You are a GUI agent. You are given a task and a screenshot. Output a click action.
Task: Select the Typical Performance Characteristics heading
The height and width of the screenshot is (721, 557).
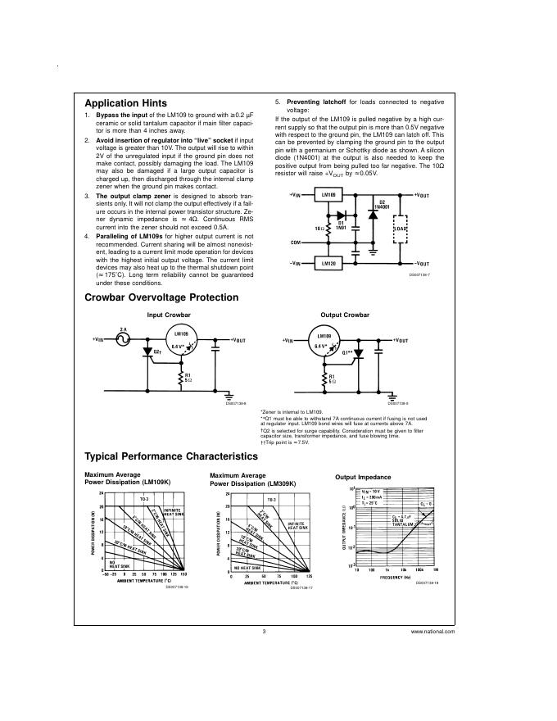[x=171, y=456]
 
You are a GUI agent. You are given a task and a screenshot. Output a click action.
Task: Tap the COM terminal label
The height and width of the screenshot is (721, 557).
[x=295, y=243]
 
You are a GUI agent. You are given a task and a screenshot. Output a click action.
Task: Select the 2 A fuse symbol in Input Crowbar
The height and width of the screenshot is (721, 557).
[x=123, y=338]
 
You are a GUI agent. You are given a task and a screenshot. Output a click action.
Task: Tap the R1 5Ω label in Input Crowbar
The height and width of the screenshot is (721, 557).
[x=188, y=379]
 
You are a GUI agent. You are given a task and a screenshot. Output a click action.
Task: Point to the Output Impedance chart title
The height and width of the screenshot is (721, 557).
[x=363, y=477]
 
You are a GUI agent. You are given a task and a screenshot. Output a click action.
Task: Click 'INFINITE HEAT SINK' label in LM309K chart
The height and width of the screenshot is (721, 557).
[x=296, y=525]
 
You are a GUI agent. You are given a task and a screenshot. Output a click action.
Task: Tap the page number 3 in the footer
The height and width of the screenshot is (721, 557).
[x=265, y=633]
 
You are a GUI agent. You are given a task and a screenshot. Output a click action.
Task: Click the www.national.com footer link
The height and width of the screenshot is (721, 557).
[x=434, y=633]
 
